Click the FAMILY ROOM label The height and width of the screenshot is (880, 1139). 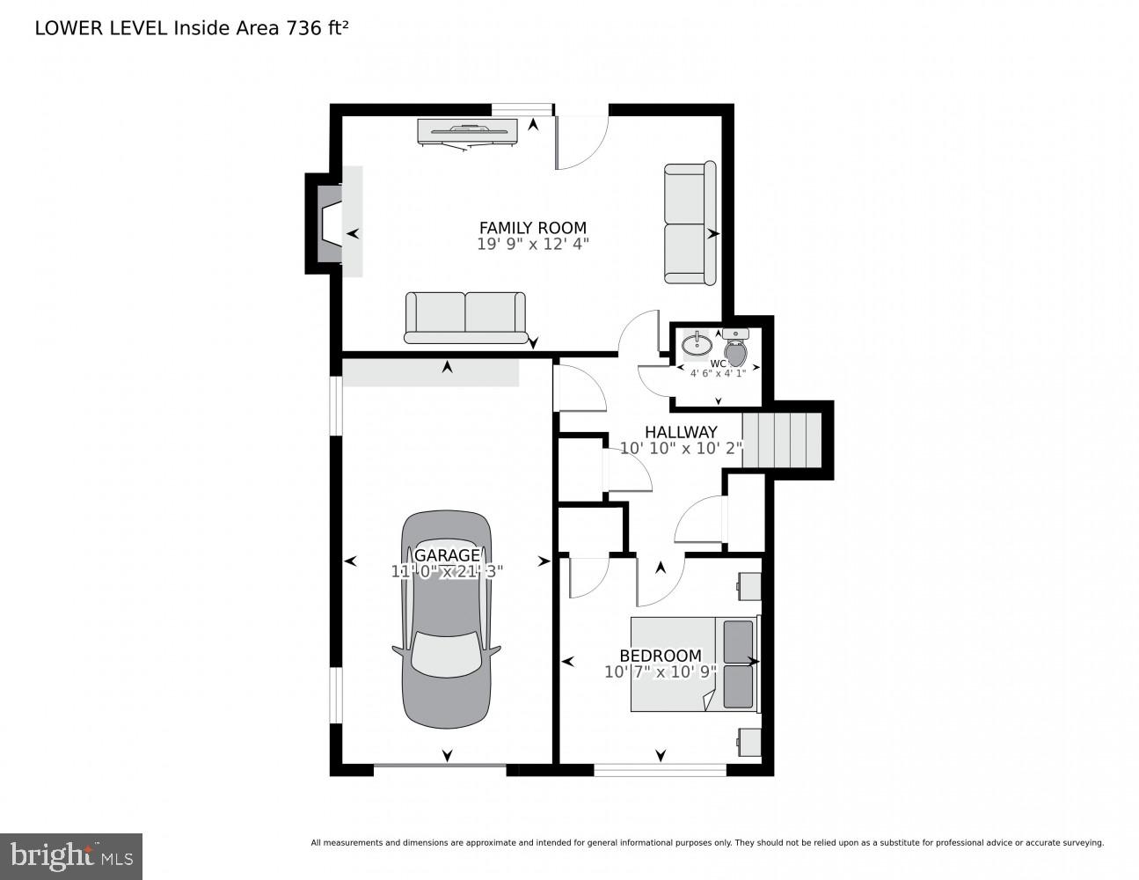coord(532,228)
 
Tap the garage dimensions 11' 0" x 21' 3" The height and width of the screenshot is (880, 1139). coord(447,571)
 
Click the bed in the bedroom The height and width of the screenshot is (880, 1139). coord(693,664)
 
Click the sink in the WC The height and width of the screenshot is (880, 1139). coord(697,342)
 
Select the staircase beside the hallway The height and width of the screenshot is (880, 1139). coord(781,441)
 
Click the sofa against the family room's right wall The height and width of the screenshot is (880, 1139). coord(690,224)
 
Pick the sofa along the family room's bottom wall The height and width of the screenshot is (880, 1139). coord(465,317)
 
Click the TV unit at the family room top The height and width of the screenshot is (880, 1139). coord(467,131)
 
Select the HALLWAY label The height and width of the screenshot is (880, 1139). coord(680,432)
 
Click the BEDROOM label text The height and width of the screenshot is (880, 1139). coord(661,656)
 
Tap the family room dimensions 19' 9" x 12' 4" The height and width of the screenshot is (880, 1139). coord(532,245)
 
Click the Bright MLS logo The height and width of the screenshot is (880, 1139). coord(70,856)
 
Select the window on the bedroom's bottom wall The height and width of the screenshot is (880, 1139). coord(660,770)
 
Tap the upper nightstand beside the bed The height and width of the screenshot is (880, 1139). coord(749,585)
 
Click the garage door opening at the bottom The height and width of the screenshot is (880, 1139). coord(440,770)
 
